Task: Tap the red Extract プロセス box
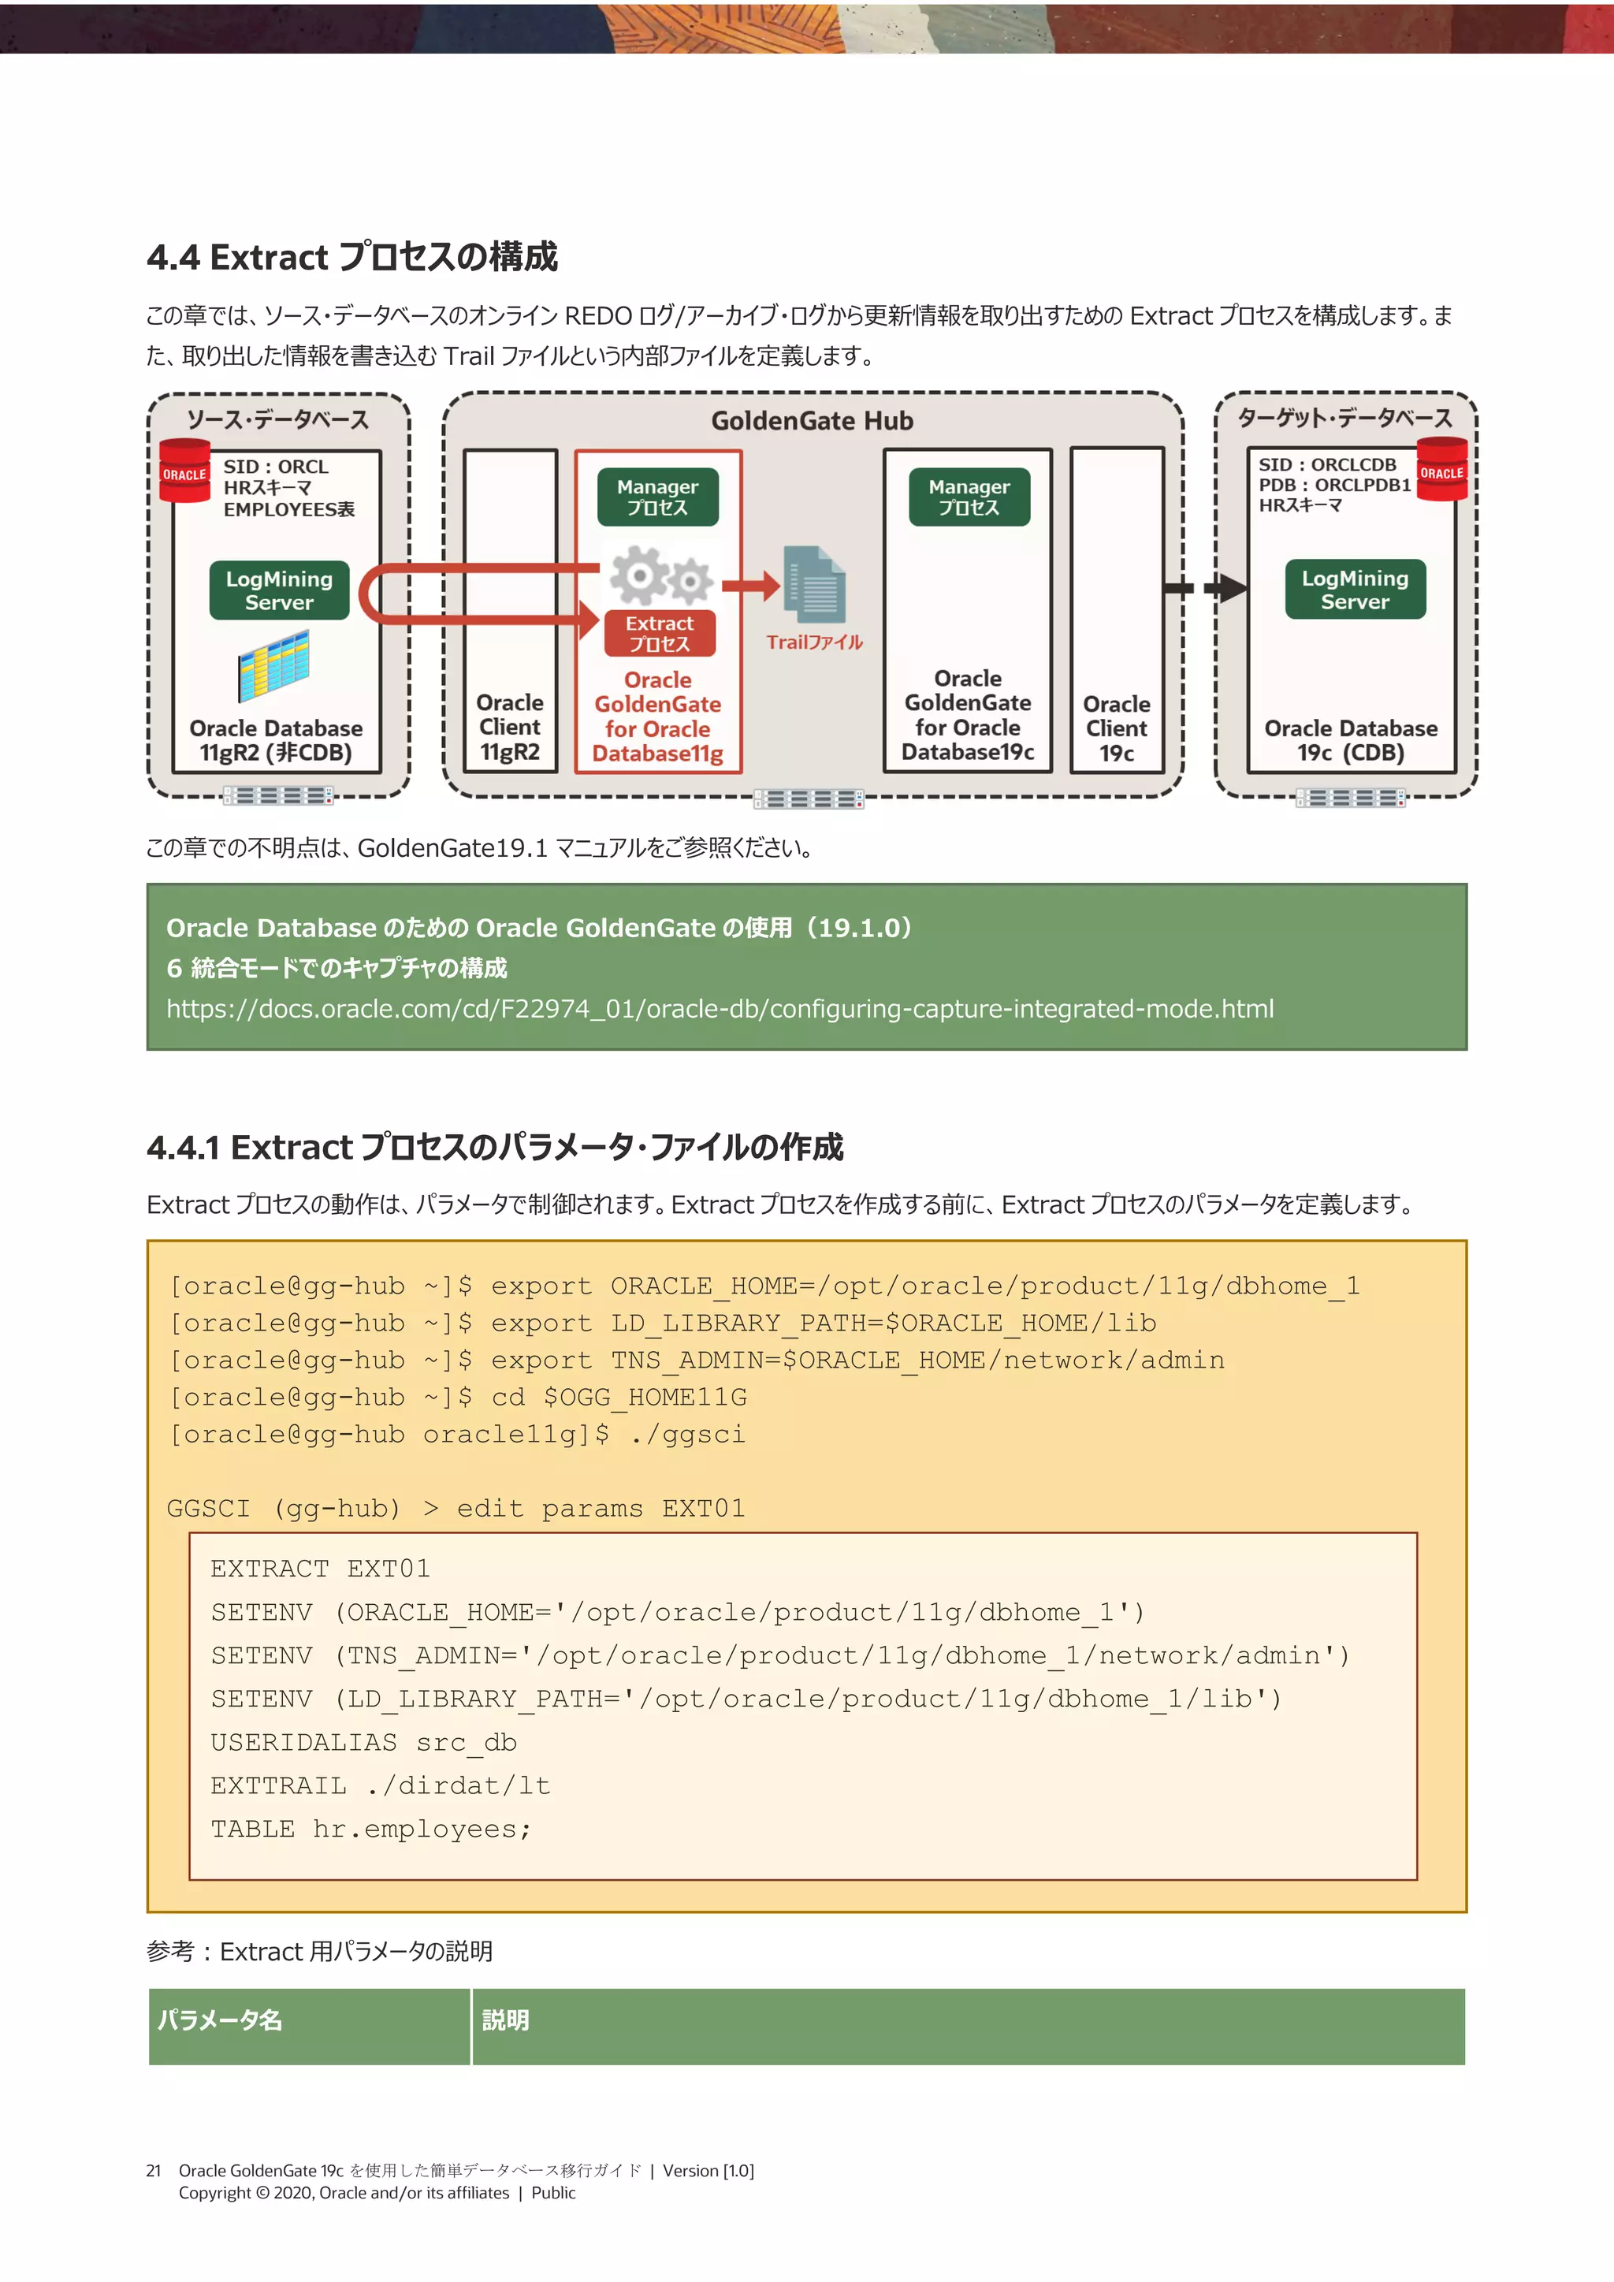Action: (659, 633)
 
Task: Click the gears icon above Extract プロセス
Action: (660, 575)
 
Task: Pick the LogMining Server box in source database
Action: (279, 590)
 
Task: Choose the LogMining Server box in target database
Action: (1355, 590)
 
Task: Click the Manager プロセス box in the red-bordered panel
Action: (657, 497)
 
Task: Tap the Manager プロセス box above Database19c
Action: (969, 497)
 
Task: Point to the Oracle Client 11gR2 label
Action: (510, 728)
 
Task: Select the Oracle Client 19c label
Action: (1116, 728)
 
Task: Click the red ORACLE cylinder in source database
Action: (185, 471)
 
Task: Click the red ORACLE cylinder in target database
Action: (1441, 469)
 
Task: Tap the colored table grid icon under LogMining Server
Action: (273, 666)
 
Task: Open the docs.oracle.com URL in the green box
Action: (720, 1009)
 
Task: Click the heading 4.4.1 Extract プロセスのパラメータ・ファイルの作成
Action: (495, 1147)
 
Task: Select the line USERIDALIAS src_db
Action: (364, 1742)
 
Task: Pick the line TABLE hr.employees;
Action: (370, 1829)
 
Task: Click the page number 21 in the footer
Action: (153, 2171)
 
